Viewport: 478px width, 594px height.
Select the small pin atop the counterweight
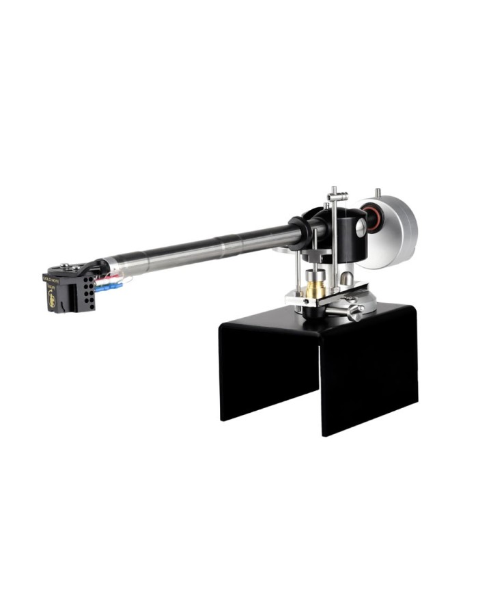pos(378,193)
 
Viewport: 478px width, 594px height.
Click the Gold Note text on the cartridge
pos(53,280)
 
